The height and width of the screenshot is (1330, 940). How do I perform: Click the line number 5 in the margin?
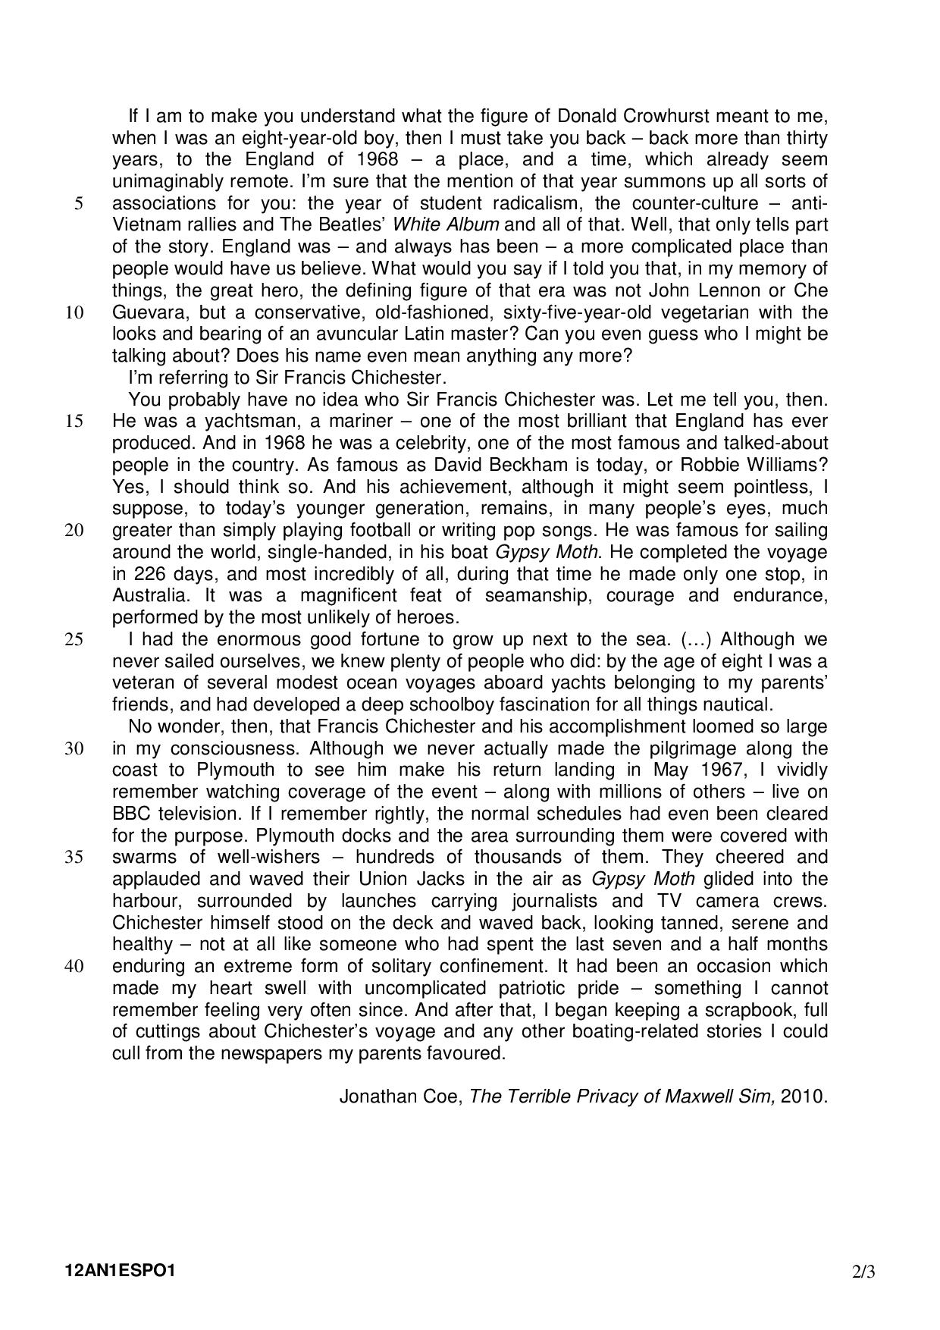click(x=79, y=203)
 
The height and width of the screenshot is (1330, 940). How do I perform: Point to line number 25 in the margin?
click(x=74, y=639)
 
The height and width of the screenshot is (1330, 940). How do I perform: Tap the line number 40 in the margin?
click(x=74, y=967)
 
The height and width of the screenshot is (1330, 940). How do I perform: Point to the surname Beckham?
click(x=390, y=465)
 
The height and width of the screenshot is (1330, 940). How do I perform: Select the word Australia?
click(x=149, y=595)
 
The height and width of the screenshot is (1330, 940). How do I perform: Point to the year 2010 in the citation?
click(x=804, y=1096)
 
